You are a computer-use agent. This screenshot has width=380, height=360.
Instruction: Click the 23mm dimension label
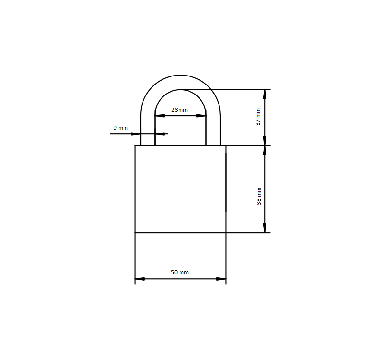[180, 110]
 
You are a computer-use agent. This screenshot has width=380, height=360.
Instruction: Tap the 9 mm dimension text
[121, 128]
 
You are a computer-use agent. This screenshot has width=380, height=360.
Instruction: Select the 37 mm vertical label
[258, 117]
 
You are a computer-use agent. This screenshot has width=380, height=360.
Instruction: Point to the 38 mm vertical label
[259, 196]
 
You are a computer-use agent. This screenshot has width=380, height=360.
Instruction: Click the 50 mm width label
[180, 272]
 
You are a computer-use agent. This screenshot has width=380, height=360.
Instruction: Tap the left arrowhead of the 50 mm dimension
[140, 279]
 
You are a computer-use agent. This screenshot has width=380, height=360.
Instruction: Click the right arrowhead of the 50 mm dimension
[221, 279]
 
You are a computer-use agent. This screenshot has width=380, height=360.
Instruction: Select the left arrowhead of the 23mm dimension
[160, 116]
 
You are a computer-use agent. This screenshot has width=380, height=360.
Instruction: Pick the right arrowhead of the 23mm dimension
[201, 116]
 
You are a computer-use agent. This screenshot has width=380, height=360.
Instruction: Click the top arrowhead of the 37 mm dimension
[265, 95]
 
